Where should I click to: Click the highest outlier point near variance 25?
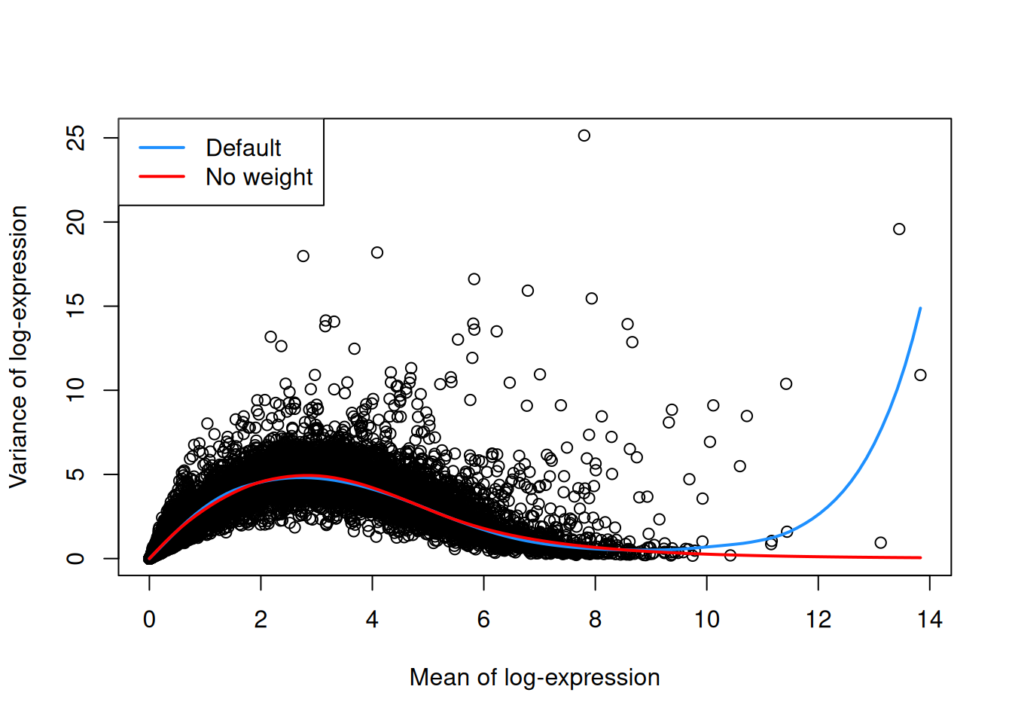584,136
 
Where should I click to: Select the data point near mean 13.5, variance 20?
899,229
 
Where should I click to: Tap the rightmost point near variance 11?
920,375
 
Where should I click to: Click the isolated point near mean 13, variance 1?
880,542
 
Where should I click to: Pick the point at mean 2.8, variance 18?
303,256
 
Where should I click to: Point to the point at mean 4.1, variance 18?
377,252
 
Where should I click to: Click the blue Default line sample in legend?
162,148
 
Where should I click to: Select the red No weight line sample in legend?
162,176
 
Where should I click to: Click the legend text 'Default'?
243,148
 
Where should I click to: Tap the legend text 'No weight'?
259,176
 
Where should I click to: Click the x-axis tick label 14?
929,620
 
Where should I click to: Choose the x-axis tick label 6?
483,620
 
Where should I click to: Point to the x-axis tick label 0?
149,620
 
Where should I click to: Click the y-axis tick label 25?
76,138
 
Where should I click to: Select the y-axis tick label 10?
76,390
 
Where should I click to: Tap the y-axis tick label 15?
76,306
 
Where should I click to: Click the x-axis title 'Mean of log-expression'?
535,677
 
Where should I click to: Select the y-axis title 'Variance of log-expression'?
18,346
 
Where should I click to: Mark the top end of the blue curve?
920,308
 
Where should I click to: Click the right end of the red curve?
920,557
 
